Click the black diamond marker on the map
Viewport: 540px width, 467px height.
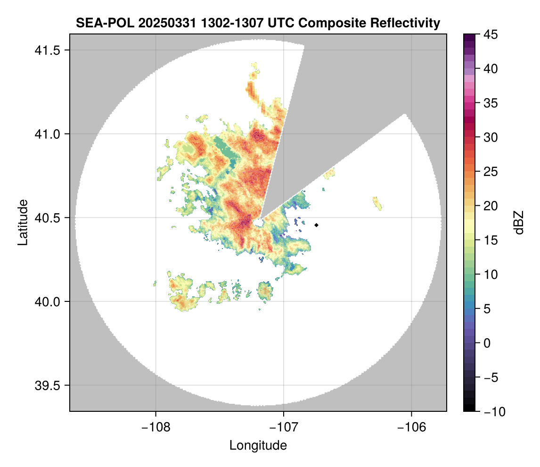[x=317, y=225]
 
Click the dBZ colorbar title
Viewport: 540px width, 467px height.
[x=519, y=223]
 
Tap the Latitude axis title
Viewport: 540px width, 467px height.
[x=23, y=222]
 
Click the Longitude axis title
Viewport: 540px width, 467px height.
[x=258, y=445]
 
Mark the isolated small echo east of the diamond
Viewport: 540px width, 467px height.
[x=377, y=203]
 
